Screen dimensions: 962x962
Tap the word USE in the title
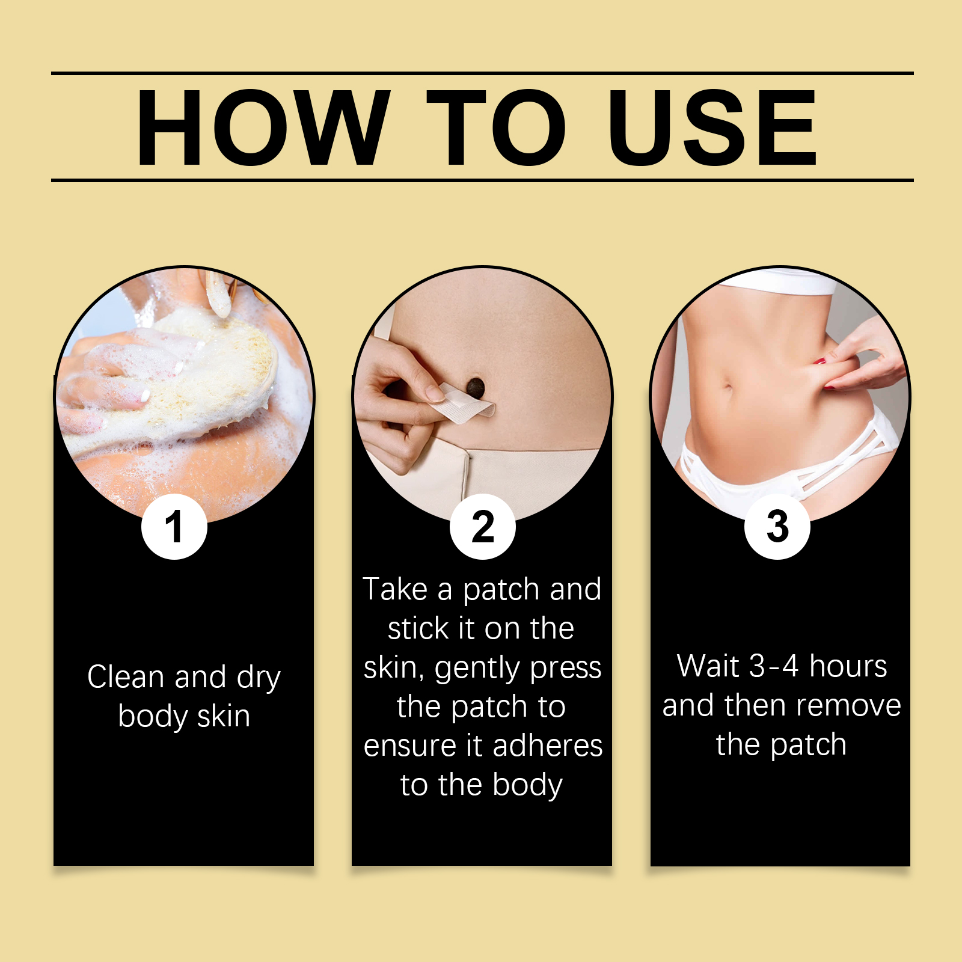pyautogui.click(x=712, y=127)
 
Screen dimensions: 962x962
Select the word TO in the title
pyautogui.click(x=496, y=127)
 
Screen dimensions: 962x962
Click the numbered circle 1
pyautogui.click(x=174, y=527)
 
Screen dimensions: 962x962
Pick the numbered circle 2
pyautogui.click(x=483, y=527)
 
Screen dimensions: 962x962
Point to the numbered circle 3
pyautogui.click(x=777, y=527)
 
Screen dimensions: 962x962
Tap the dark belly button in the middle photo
pyautogui.click(x=476, y=387)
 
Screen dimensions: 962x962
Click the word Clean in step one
pyautogui.click(x=126, y=677)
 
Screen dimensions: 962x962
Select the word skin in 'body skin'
pyautogui.click(x=224, y=717)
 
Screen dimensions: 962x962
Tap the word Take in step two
pyautogui.click(x=395, y=589)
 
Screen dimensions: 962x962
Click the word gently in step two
pyautogui.click(x=469, y=669)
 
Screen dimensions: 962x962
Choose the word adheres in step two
pyautogui.click(x=547, y=746)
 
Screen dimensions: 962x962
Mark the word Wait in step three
pyautogui.click(x=708, y=666)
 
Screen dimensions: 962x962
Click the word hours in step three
pyautogui.click(x=848, y=666)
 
